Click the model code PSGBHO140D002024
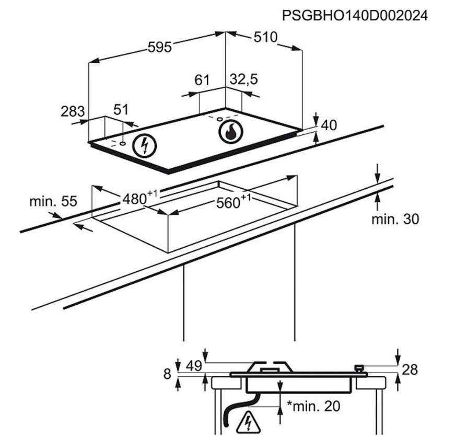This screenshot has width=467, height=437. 355,16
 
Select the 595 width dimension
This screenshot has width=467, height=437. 160,47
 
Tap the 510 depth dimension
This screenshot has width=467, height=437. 265,37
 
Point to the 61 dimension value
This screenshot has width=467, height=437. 202,80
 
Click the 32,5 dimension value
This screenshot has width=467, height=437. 243,79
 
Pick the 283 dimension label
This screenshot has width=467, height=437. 73,111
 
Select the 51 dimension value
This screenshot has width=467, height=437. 121,109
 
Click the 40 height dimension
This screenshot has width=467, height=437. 329,125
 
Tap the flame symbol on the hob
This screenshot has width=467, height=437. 230,132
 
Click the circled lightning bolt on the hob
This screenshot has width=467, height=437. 145,145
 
